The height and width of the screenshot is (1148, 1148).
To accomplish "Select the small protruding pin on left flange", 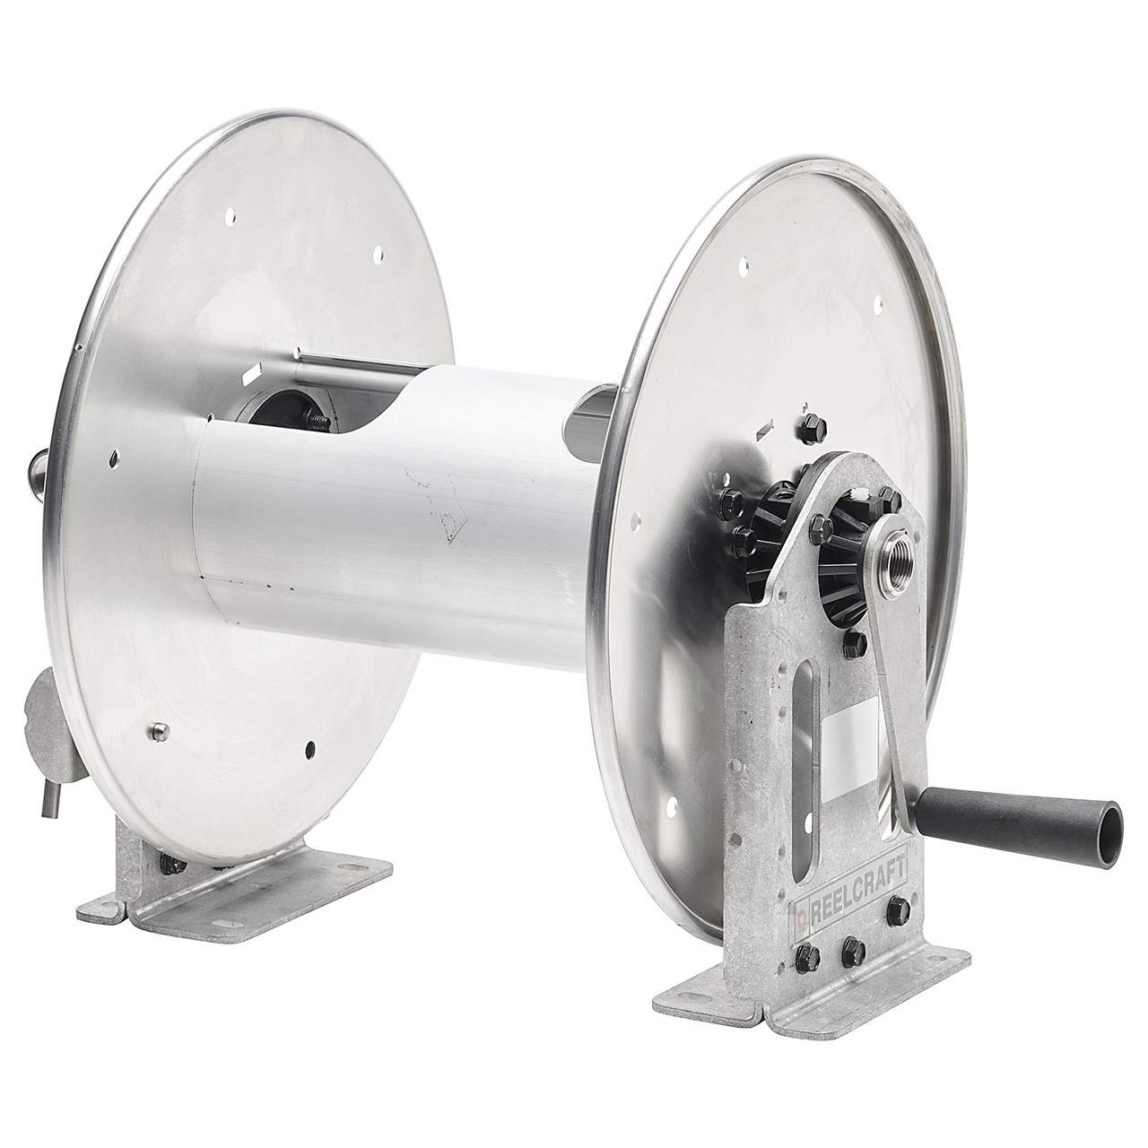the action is pos(158,730).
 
